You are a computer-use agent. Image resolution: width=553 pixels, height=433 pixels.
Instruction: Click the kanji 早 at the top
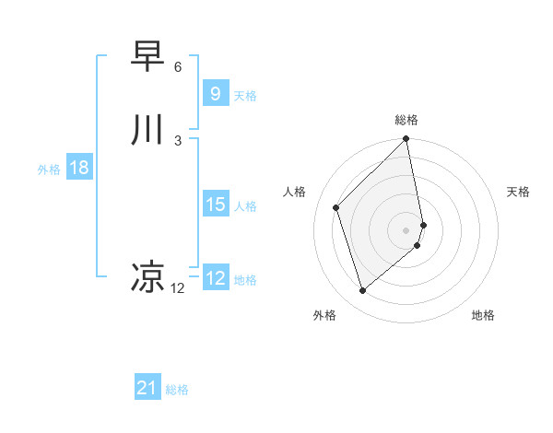(148, 57)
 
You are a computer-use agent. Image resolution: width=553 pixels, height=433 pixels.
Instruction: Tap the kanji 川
(148, 130)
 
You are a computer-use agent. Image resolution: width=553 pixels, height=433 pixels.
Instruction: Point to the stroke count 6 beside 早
(177, 67)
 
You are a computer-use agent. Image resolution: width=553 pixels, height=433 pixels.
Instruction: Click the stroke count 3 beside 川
(177, 140)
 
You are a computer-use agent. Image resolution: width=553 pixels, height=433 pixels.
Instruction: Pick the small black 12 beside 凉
(177, 288)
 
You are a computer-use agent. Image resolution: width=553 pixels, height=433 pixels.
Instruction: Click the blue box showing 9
(215, 94)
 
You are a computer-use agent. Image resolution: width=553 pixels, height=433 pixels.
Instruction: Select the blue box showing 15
(215, 205)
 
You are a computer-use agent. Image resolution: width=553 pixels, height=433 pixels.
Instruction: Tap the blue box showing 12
(215, 278)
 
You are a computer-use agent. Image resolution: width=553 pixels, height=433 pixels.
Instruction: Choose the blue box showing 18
(78, 168)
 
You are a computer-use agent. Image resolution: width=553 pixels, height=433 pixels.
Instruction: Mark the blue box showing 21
(147, 389)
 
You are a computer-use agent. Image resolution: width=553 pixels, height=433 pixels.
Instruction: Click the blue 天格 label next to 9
(245, 96)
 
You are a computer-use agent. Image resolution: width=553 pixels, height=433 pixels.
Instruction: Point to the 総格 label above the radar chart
(406, 120)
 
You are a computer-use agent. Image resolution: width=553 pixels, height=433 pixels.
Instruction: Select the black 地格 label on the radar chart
(483, 315)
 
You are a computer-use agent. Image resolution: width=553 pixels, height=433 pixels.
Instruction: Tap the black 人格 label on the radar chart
(295, 192)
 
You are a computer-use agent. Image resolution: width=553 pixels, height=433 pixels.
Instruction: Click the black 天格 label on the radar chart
(518, 192)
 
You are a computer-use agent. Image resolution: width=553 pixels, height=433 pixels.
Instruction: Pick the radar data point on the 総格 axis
(406, 140)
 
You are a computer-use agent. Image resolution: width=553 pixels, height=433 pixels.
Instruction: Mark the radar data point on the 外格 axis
(362, 291)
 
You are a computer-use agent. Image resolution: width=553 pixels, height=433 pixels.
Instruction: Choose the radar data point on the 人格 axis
(336, 207)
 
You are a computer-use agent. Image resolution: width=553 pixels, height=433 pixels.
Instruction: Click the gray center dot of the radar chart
(406, 229)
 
